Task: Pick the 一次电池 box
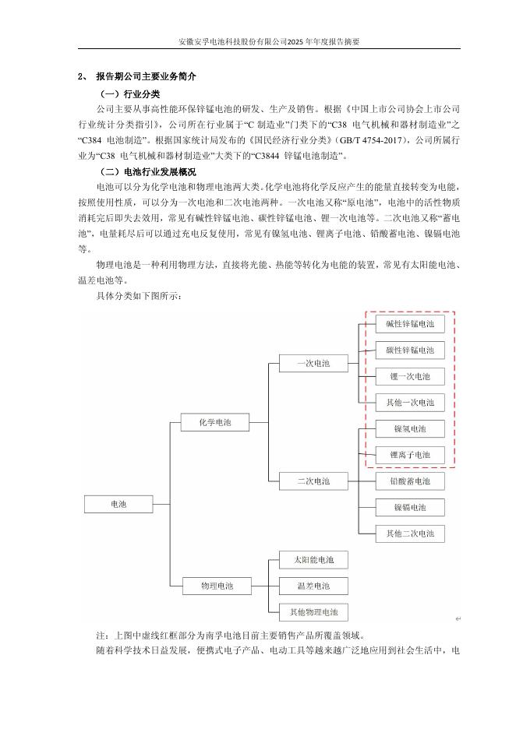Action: point(313,363)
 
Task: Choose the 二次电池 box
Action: point(313,481)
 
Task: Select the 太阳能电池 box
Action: point(313,560)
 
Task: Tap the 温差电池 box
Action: point(313,586)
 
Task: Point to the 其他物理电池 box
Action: point(313,612)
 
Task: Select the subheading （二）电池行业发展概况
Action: point(149,171)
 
